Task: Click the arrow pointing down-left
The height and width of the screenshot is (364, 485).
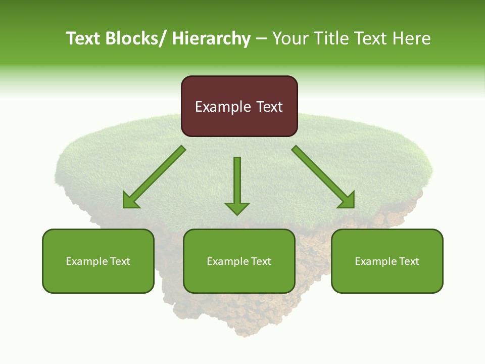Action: click(x=154, y=177)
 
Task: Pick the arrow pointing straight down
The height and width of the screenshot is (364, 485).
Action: click(x=237, y=182)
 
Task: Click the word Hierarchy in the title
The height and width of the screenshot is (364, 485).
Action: click(x=211, y=38)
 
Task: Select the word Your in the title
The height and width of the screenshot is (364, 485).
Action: click(x=289, y=38)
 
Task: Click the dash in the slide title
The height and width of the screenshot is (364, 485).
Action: click(x=261, y=39)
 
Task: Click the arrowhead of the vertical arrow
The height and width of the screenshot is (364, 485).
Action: click(x=237, y=208)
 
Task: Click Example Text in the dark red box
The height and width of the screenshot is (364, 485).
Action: click(x=239, y=107)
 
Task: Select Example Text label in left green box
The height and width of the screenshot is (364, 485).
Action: click(x=98, y=261)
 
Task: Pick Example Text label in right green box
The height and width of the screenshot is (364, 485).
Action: click(x=387, y=261)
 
